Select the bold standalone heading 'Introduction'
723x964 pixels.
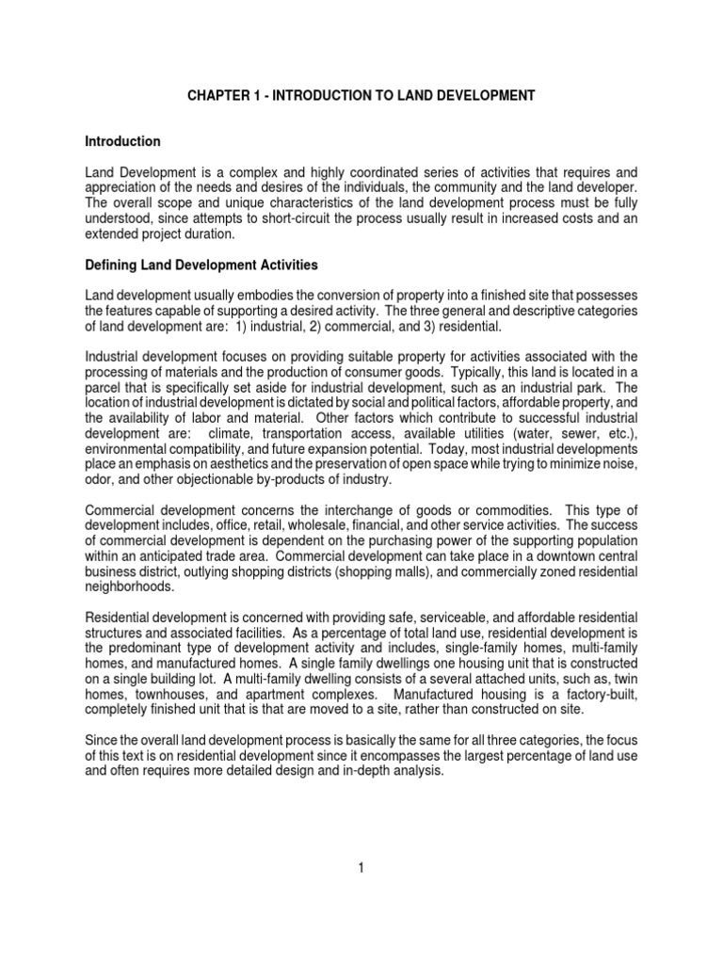pyautogui.click(x=123, y=141)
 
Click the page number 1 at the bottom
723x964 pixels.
pyautogui.click(x=361, y=868)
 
